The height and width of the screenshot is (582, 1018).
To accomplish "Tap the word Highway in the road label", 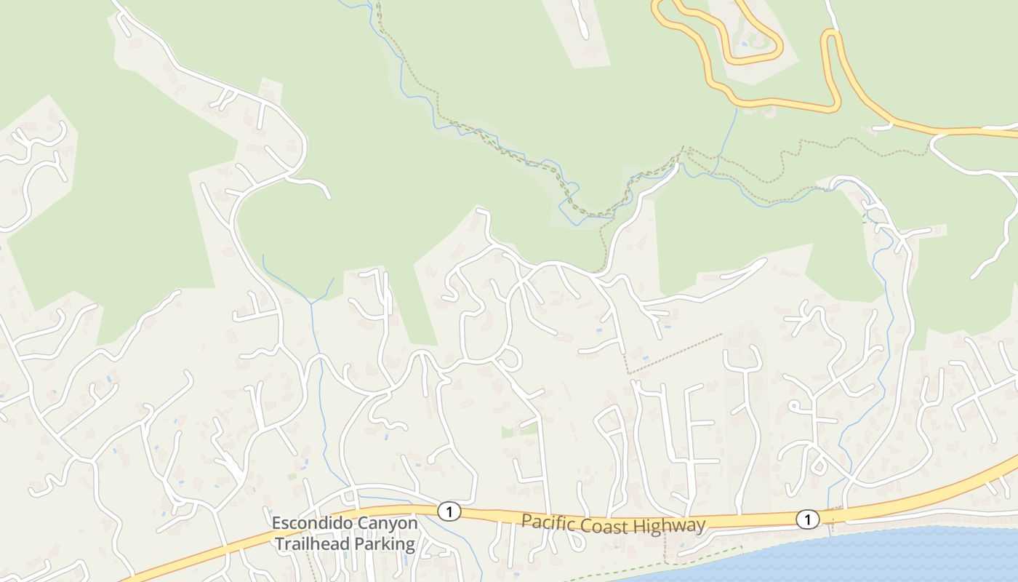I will coord(668,525).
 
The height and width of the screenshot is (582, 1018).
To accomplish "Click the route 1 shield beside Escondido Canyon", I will coord(449,511).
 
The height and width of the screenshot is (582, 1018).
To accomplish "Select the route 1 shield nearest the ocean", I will coord(807,519).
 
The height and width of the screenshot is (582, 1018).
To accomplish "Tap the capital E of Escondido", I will coord(277,523).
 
